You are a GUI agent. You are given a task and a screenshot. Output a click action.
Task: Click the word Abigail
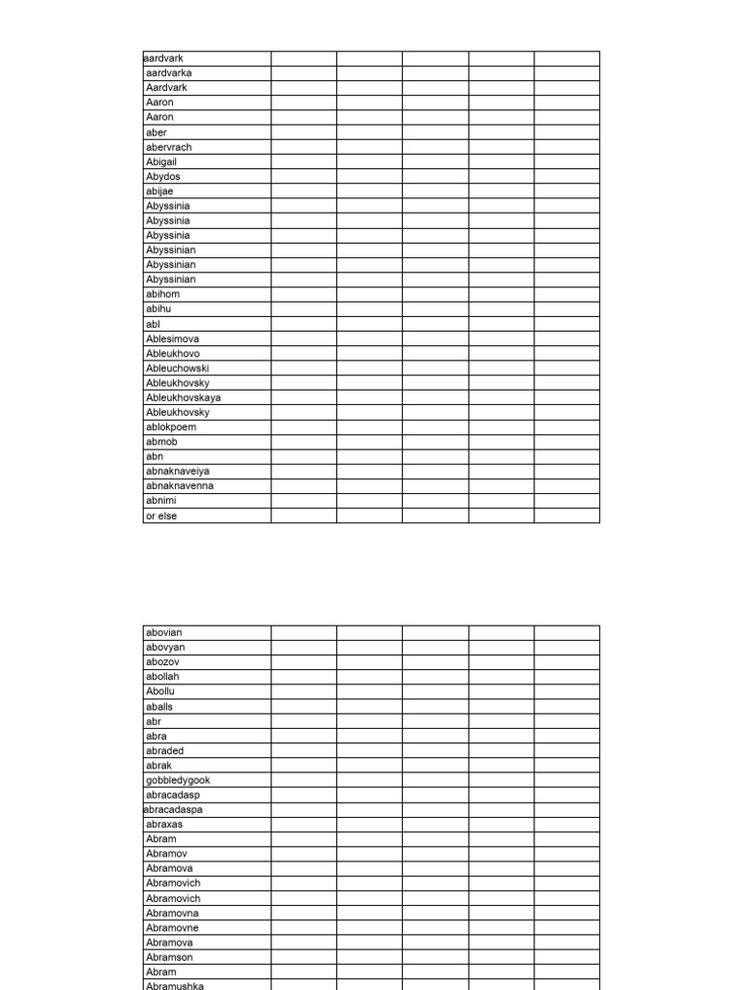point(161,161)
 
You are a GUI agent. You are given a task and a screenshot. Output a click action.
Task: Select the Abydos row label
point(163,177)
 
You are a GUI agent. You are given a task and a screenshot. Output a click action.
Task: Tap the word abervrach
point(169,147)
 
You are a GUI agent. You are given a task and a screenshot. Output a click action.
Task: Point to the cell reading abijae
point(160,191)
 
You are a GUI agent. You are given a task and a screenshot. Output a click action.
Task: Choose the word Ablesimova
point(173,338)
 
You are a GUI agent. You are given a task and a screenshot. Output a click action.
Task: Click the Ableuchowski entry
point(178,368)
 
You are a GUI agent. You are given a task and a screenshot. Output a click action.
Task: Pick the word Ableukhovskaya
point(184,397)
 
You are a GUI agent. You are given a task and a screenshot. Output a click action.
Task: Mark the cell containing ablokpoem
point(171,426)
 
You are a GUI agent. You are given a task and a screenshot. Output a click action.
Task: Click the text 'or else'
point(161,515)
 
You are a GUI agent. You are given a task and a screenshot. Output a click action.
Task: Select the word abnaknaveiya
point(178,471)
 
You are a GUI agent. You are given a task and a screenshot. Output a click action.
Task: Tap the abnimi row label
point(161,501)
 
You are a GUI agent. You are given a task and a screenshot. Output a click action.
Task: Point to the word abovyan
point(165,647)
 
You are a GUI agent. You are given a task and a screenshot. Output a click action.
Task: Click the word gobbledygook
point(178,779)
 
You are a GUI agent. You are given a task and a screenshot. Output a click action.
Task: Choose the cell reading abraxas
point(164,824)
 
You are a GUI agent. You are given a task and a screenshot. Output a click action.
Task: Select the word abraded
point(165,750)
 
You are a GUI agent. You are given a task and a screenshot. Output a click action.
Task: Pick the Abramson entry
point(169,957)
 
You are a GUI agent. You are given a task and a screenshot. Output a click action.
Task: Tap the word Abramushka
point(175,985)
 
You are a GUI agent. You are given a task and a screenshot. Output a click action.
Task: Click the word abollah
point(163,677)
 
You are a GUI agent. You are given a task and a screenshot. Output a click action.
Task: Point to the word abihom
point(163,294)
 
